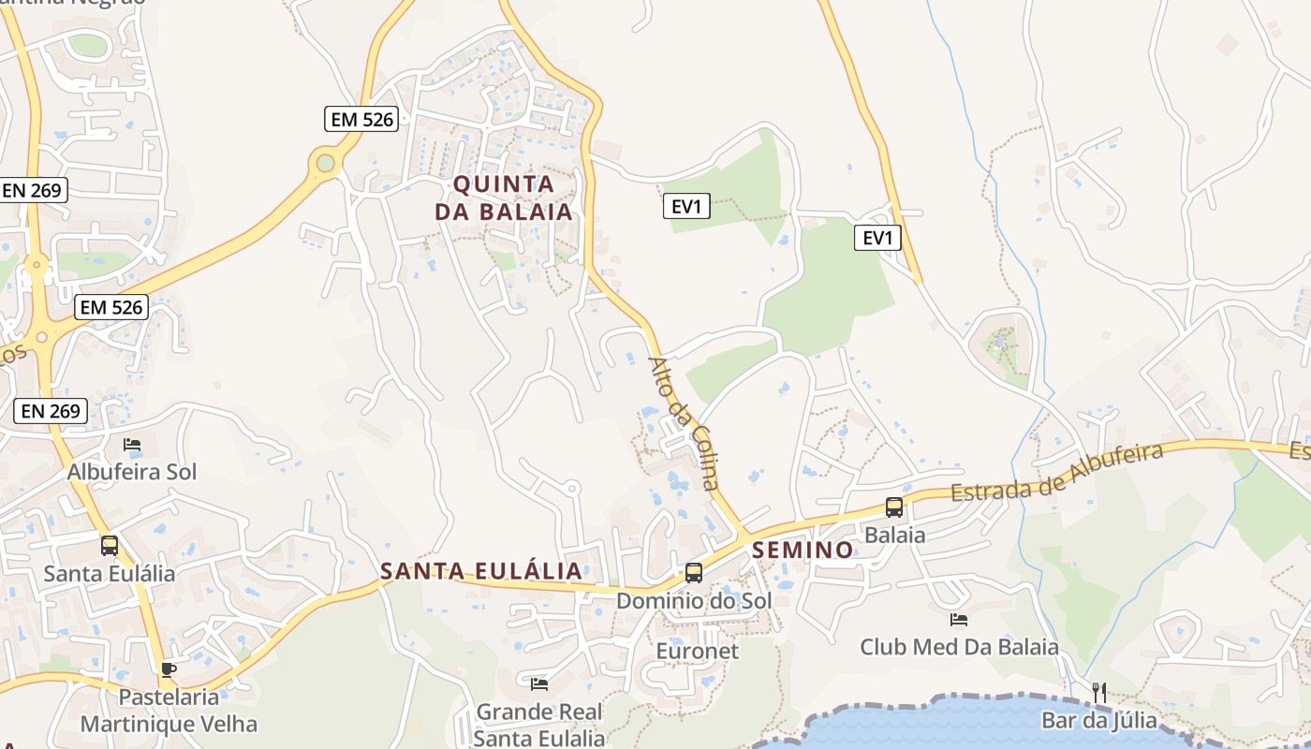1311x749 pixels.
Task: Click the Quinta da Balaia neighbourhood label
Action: [503, 198]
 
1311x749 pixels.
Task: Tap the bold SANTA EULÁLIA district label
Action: [480, 571]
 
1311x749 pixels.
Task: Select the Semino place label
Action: [803, 550]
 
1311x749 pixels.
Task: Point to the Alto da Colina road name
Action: [685, 423]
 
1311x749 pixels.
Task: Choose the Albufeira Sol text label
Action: [132, 472]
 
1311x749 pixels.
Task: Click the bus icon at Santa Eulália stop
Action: [110, 545]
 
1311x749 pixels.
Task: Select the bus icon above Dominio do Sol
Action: [694, 572]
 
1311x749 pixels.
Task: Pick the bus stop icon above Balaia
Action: [894, 507]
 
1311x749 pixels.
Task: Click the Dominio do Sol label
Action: [694, 600]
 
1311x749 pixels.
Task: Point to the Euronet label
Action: [698, 651]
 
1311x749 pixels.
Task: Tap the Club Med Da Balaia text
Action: [959, 647]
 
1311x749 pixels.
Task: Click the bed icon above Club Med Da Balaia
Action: [958, 619]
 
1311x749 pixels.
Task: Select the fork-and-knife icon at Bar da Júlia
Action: [1099, 693]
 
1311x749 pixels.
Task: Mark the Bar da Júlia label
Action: [1099, 721]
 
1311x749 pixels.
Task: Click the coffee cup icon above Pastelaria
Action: [168, 668]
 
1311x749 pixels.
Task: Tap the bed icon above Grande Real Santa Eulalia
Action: [538, 684]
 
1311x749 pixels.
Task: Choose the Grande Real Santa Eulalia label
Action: [539, 725]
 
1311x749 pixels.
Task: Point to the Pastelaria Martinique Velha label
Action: [169, 711]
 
